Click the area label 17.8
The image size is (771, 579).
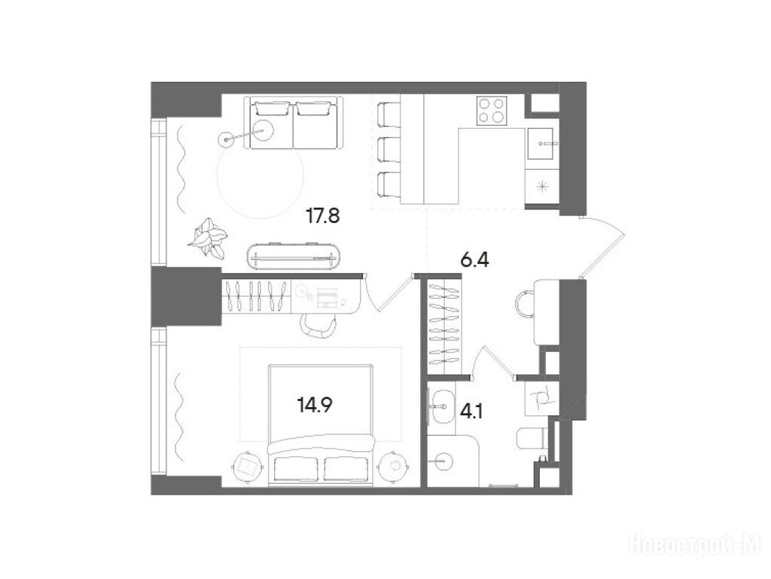322,216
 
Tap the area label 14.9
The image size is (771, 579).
315,405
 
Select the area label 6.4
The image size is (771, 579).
474,259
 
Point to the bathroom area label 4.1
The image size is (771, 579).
471,411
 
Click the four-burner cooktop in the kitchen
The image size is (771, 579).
492,110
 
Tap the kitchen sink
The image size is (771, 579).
543,143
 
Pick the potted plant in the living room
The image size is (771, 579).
208,237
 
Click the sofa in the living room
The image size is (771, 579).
294,123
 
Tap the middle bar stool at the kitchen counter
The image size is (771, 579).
389,149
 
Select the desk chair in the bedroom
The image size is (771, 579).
318,326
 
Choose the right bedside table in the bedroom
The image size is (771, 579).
393,465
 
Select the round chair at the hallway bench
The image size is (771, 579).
525,305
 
